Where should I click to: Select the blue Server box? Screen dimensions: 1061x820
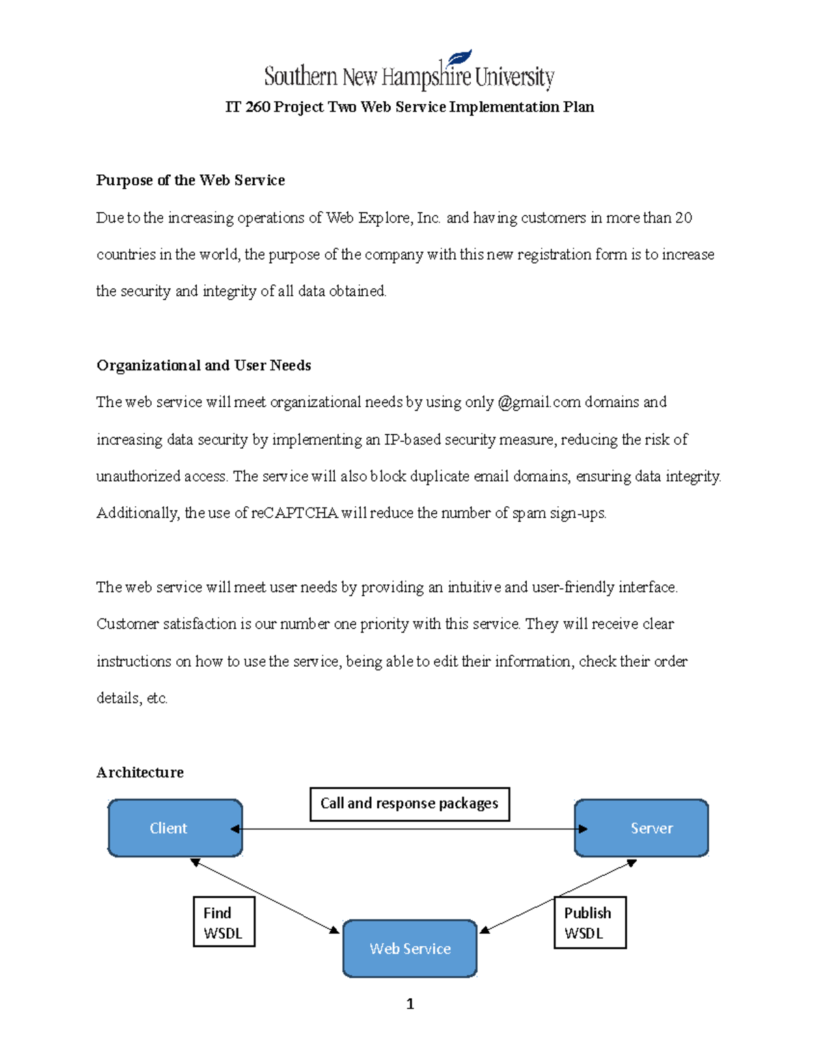pos(641,828)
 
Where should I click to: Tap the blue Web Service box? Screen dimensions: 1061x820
pos(410,948)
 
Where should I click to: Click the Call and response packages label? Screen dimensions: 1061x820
pos(409,803)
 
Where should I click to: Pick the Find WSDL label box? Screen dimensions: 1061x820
pos(223,922)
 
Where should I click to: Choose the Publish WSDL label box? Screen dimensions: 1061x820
pos(589,922)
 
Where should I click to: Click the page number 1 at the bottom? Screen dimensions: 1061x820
pos(410,1004)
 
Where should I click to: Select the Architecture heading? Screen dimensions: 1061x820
pos(140,772)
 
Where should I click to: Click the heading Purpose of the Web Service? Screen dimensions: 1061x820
pos(190,180)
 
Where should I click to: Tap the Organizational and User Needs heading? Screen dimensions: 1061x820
pos(204,366)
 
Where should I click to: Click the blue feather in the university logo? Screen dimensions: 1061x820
pos(460,58)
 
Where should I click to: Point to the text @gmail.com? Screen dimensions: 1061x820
pos(539,402)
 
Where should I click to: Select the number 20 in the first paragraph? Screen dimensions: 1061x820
pos(683,218)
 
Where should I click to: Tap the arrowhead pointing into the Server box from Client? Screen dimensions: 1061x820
pos(583,829)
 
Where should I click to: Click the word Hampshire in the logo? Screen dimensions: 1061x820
pos(426,77)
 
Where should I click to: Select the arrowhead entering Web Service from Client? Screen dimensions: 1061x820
pos(334,930)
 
